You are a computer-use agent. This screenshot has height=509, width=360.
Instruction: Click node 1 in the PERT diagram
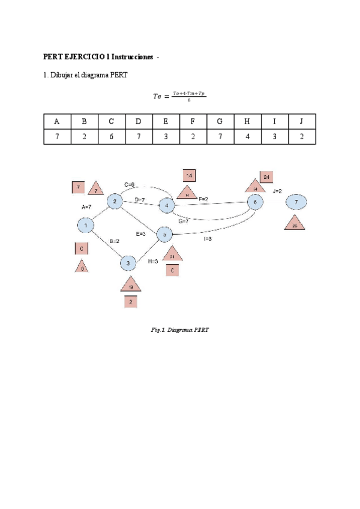pos(86,225)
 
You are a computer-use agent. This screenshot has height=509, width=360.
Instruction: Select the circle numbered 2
pos(115,202)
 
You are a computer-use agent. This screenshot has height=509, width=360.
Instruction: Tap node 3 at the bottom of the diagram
pos(128,263)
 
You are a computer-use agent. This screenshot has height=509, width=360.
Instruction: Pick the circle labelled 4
pos(166,206)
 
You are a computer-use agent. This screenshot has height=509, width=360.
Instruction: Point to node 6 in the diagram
pos(256,202)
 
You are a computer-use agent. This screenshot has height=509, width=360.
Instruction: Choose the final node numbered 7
pos(296,202)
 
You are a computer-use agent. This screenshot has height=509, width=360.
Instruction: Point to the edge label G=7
pos(183,221)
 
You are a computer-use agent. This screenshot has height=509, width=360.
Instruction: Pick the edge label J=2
pos(277,191)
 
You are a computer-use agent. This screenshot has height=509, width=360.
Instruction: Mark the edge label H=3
pos(152,261)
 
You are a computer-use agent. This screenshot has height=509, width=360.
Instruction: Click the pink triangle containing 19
pos(131,285)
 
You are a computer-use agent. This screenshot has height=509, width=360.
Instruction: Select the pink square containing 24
pos(266,177)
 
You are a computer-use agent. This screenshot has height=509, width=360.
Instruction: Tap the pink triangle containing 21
pos(172,255)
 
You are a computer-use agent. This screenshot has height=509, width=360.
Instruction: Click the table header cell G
pos(220,121)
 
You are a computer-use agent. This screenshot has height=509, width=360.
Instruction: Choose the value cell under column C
pos(111,137)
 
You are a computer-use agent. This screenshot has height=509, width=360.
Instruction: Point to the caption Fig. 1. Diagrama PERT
pos(180,330)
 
